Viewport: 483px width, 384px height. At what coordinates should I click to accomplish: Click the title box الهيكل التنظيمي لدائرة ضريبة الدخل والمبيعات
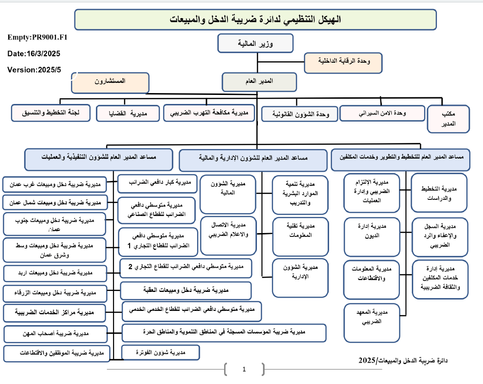256,19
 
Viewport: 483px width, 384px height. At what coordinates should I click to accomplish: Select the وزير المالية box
255,44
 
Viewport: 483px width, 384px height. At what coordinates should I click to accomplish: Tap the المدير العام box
259,81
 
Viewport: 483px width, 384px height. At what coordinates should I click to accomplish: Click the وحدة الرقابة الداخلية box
343,63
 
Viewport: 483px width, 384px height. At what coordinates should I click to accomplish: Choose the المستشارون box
110,82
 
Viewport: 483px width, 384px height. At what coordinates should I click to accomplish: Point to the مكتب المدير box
448,119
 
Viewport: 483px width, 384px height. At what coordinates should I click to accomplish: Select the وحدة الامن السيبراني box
382,113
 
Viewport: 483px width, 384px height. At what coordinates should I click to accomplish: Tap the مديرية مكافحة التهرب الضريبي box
209,112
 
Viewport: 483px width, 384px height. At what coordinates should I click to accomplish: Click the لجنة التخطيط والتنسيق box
52,113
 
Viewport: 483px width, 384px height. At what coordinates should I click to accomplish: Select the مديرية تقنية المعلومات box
300,229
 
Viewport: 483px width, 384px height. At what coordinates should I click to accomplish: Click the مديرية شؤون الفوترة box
161,352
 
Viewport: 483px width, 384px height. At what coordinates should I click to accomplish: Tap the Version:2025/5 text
34,70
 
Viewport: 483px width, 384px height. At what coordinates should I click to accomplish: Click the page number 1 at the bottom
244,369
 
